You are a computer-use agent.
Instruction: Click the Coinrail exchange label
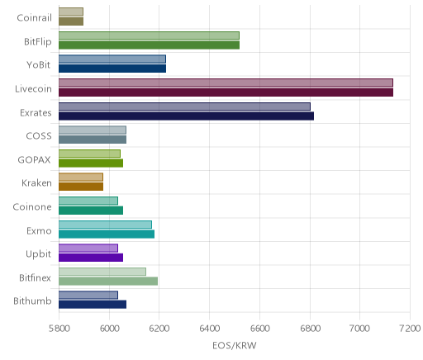pyautogui.click(x=34, y=18)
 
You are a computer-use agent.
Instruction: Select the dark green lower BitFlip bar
pyautogui.click(x=149, y=45)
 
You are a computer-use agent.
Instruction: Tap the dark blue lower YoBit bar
pyautogui.click(x=112, y=69)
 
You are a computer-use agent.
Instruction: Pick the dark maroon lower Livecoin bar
pyautogui.click(x=226, y=92)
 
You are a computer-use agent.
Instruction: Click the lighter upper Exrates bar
pyautogui.click(x=184, y=107)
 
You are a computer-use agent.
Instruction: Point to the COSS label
pyautogui.click(x=39, y=136)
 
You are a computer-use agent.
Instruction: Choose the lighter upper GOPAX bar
pyautogui.click(x=89, y=154)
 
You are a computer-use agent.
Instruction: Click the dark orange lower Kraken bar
pyautogui.click(x=81, y=187)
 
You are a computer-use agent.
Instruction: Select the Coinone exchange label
pyautogui.click(x=32, y=207)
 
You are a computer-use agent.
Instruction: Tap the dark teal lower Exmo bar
pyautogui.click(x=107, y=234)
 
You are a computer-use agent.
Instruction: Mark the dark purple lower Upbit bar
pyautogui.click(x=91, y=258)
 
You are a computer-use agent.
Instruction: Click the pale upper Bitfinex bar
pyautogui.click(x=102, y=272)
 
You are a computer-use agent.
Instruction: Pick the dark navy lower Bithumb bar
pyautogui.click(x=93, y=305)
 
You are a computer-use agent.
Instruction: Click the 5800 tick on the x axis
pyautogui.click(x=59, y=329)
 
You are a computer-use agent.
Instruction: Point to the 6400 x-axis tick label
pyautogui.click(x=210, y=329)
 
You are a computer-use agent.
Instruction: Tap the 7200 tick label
pyautogui.click(x=410, y=329)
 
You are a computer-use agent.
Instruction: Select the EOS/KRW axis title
pyautogui.click(x=235, y=345)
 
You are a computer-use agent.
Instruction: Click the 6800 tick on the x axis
pyautogui.click(x=310, y=329)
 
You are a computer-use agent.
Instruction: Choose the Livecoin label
pyautogui.click(x=33, y=89)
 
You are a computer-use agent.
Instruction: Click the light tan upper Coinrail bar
pyautogui.click(x=71, y=12)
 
